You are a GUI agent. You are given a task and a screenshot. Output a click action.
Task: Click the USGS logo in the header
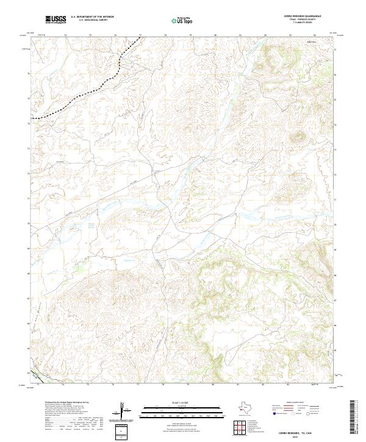(56, 20)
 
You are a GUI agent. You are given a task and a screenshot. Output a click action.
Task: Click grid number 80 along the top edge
(216, 35)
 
